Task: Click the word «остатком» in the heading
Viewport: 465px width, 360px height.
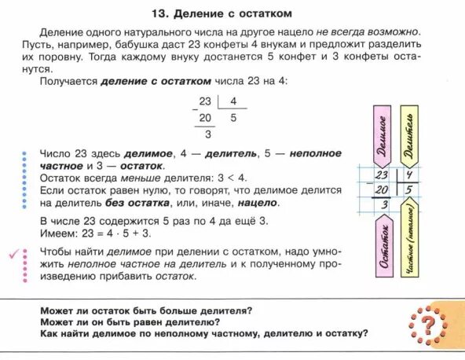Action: pos(265,13)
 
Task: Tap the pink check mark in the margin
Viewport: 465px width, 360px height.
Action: pos(13,253)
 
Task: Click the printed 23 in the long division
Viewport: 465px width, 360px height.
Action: pos(205,101)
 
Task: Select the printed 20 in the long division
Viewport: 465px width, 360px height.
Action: pos(205,118)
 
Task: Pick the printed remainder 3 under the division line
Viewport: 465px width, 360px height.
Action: pos(207,134)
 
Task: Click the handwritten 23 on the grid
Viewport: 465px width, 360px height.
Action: pos(383,174)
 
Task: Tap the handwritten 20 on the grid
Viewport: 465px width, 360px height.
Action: pos(383,190)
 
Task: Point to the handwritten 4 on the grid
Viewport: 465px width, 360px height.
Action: pos(409,174)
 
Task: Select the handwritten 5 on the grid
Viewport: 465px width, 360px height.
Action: pos(409,190)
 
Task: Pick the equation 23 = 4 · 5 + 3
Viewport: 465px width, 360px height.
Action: pos(113,233)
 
